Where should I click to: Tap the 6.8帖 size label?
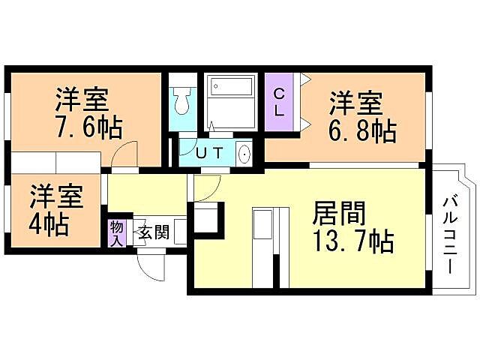(361, 130)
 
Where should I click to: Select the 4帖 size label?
(49, 223)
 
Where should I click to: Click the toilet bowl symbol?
(180, 100)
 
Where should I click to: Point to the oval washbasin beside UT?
(244, 154)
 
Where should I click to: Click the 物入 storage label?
(116, 232)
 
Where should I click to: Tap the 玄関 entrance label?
(151, 232)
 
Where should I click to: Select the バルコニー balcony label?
(451, 232)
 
